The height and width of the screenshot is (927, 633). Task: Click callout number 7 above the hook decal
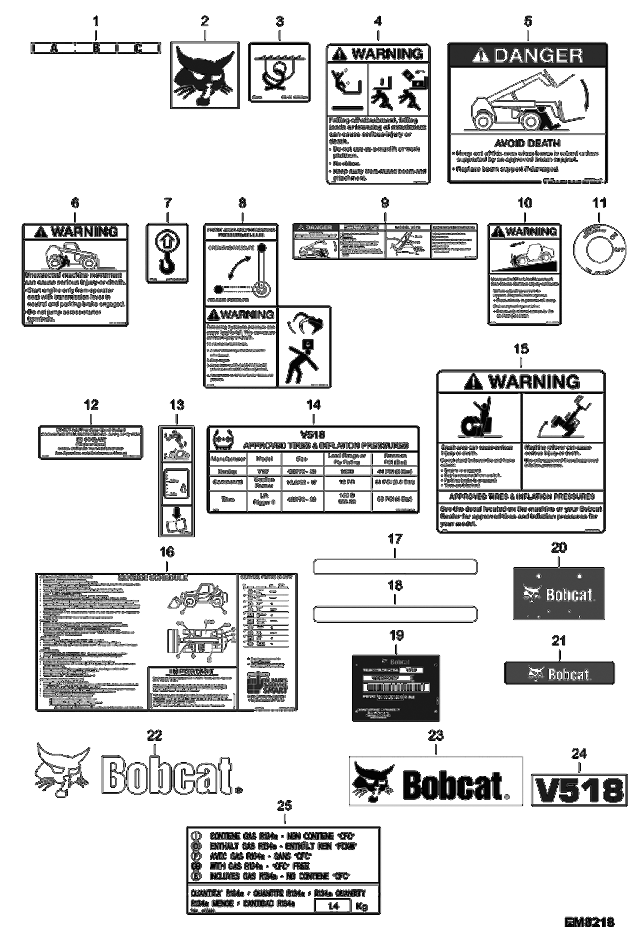click(168, 203)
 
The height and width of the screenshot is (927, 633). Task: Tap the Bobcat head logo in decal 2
click(205, 75)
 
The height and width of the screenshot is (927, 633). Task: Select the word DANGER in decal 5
click(538, 55)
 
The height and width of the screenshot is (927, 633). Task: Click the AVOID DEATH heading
click(527, 143)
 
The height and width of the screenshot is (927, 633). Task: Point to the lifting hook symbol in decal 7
click(167, 253)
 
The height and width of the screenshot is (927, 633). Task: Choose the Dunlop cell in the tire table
click(227, 471)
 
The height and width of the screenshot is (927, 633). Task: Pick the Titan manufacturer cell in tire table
click(227, 499)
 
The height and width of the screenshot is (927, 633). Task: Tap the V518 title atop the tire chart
click(313, 435)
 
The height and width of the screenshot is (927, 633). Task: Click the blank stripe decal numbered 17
click(395, 567)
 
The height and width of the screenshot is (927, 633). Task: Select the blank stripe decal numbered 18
click(395, 614)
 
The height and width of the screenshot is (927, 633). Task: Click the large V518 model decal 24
click(578, 790)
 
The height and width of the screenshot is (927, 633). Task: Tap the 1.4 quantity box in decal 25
click(333, 906)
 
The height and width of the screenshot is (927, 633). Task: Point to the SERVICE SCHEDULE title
click(153, 578)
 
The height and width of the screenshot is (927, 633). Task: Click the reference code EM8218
click(589, 921)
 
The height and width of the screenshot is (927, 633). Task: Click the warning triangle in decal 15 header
click(473, 382)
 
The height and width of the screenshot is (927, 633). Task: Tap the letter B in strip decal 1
click(96, 48)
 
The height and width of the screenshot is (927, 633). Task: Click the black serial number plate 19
click(396, 688)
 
